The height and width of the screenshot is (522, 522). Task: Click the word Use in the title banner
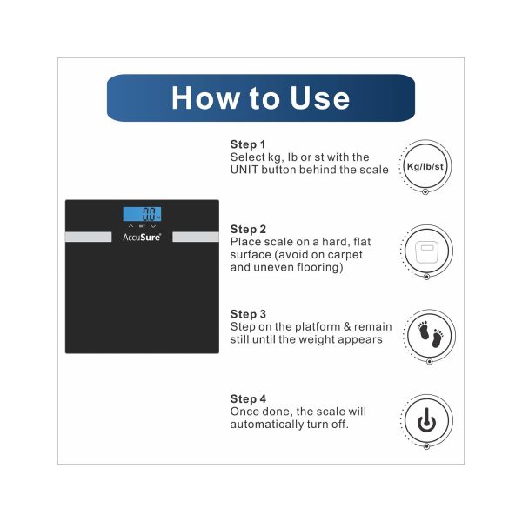click(x=319, y=97)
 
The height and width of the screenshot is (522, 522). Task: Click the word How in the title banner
click(x=205, y=97)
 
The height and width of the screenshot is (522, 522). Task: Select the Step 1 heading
click(x=248, y=144)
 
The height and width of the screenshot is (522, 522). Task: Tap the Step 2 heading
click(x=248, y=229)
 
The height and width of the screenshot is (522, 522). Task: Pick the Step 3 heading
click(x=248, y=314)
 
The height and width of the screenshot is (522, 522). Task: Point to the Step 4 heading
click(x=248, y=398)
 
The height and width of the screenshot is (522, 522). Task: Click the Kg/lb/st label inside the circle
click(x=425, y=166)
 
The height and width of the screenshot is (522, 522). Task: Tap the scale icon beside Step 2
click(x=427, y=251)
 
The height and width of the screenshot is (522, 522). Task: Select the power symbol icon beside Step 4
click(x=427, y=420)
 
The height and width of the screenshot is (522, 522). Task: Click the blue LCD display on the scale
click(x=142, y=214)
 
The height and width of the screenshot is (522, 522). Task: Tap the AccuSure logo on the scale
click(x=142, y=237)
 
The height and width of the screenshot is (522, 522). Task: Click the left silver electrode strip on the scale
click(x=89, y=237)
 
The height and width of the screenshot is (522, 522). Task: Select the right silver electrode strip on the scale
click(x=196, y=237)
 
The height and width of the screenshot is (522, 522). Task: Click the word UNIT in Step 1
click(x=244, y=170)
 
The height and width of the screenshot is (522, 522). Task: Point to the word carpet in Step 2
click(x=341, y=255)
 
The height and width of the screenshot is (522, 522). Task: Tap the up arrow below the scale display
click(x=130, y=226)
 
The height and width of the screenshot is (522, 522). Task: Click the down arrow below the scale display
click(x=153, y=226)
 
